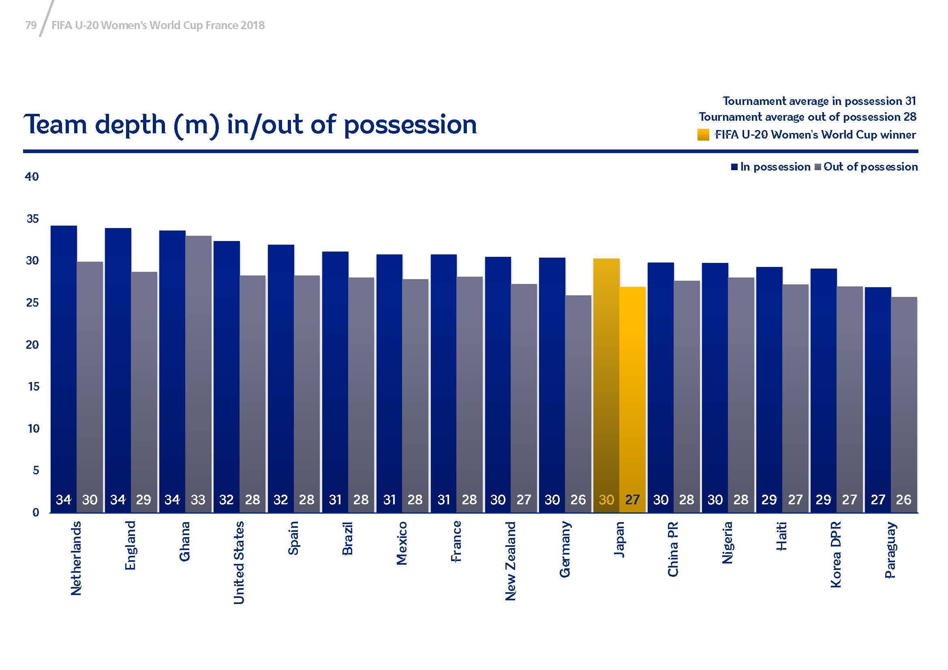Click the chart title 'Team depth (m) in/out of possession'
250,125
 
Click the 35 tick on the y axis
32,219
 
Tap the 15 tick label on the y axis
33,386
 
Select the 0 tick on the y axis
36,512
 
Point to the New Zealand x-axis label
511,561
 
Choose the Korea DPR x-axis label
836,555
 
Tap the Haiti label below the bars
781,536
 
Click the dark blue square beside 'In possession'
734,167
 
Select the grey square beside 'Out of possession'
818,167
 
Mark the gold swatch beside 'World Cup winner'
703,135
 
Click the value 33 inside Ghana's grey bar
198,500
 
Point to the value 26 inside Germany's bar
578,500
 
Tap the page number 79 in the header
31,26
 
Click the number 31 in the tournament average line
910,101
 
